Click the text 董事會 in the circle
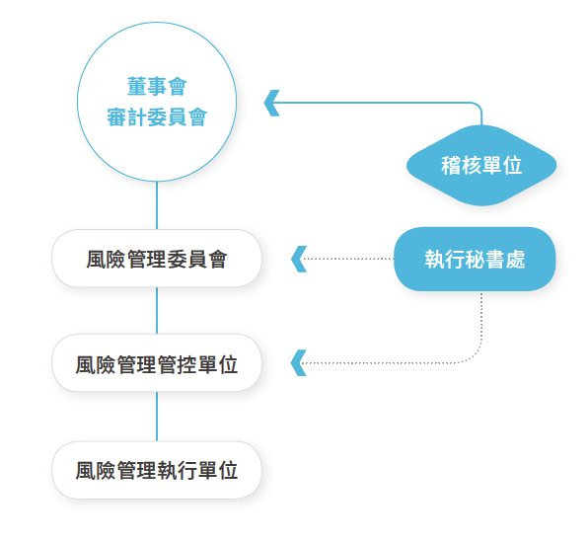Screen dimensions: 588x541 click(157, 87)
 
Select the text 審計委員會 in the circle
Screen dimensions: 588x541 click(157, 117)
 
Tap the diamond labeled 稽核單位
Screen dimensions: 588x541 click(481, 165)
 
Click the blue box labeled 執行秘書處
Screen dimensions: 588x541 click(475, 259)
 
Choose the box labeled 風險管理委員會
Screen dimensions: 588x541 click(157, 259)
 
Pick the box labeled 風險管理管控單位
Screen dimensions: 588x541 click(157, 363)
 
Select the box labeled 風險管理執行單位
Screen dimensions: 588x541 click(157, 470)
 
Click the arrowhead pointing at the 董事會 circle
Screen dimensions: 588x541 click(272, 103)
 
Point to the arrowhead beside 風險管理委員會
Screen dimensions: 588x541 click(299, 259)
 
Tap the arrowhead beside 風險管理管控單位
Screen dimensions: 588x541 click(299, 362)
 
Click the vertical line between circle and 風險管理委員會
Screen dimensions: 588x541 click(157, 205)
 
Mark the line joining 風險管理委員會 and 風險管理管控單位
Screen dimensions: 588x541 click(157, 311)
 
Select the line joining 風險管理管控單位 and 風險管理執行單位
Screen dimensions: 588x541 click(157, 417)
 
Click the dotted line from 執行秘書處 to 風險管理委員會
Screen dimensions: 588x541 click(348, 259)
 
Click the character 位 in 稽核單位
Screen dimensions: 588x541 click(513, 165)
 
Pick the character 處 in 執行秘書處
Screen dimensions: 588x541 click(515, 260)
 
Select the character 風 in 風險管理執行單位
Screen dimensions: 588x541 click(86, 471)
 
